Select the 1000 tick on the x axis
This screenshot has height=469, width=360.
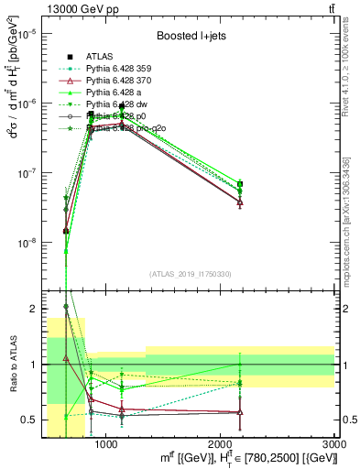point(106,444)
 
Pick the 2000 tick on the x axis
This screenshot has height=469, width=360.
point(221,444)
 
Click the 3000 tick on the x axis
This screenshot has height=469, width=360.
point(334,444)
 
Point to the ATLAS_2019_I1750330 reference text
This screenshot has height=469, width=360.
point(190,274)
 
